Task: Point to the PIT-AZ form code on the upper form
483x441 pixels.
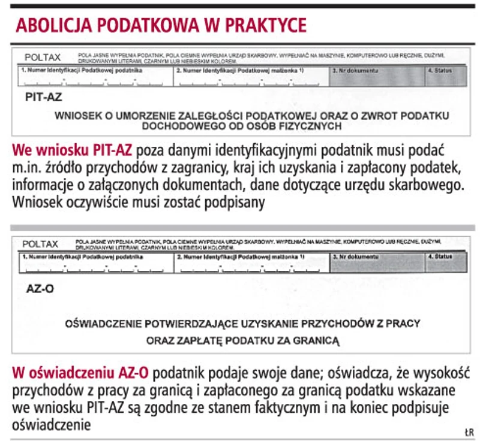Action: [x=43, y=95]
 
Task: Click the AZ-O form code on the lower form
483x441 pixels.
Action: [x=40, y=288]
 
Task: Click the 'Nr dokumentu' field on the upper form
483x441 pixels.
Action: [x=376, y=77]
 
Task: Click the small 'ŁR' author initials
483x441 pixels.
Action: [x=469, y=432]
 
